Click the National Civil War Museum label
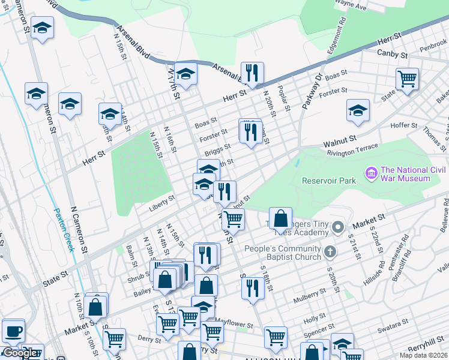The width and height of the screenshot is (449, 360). [405, 174]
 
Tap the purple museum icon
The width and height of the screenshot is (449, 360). [370, 175]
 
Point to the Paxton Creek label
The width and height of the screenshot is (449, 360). [64, 229]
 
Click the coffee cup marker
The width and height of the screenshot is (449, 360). [13, 331]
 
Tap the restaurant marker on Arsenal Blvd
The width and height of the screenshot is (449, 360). [252, 73]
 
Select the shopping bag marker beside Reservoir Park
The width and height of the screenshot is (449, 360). [280, 218]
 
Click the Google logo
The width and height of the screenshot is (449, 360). [20, 353]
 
